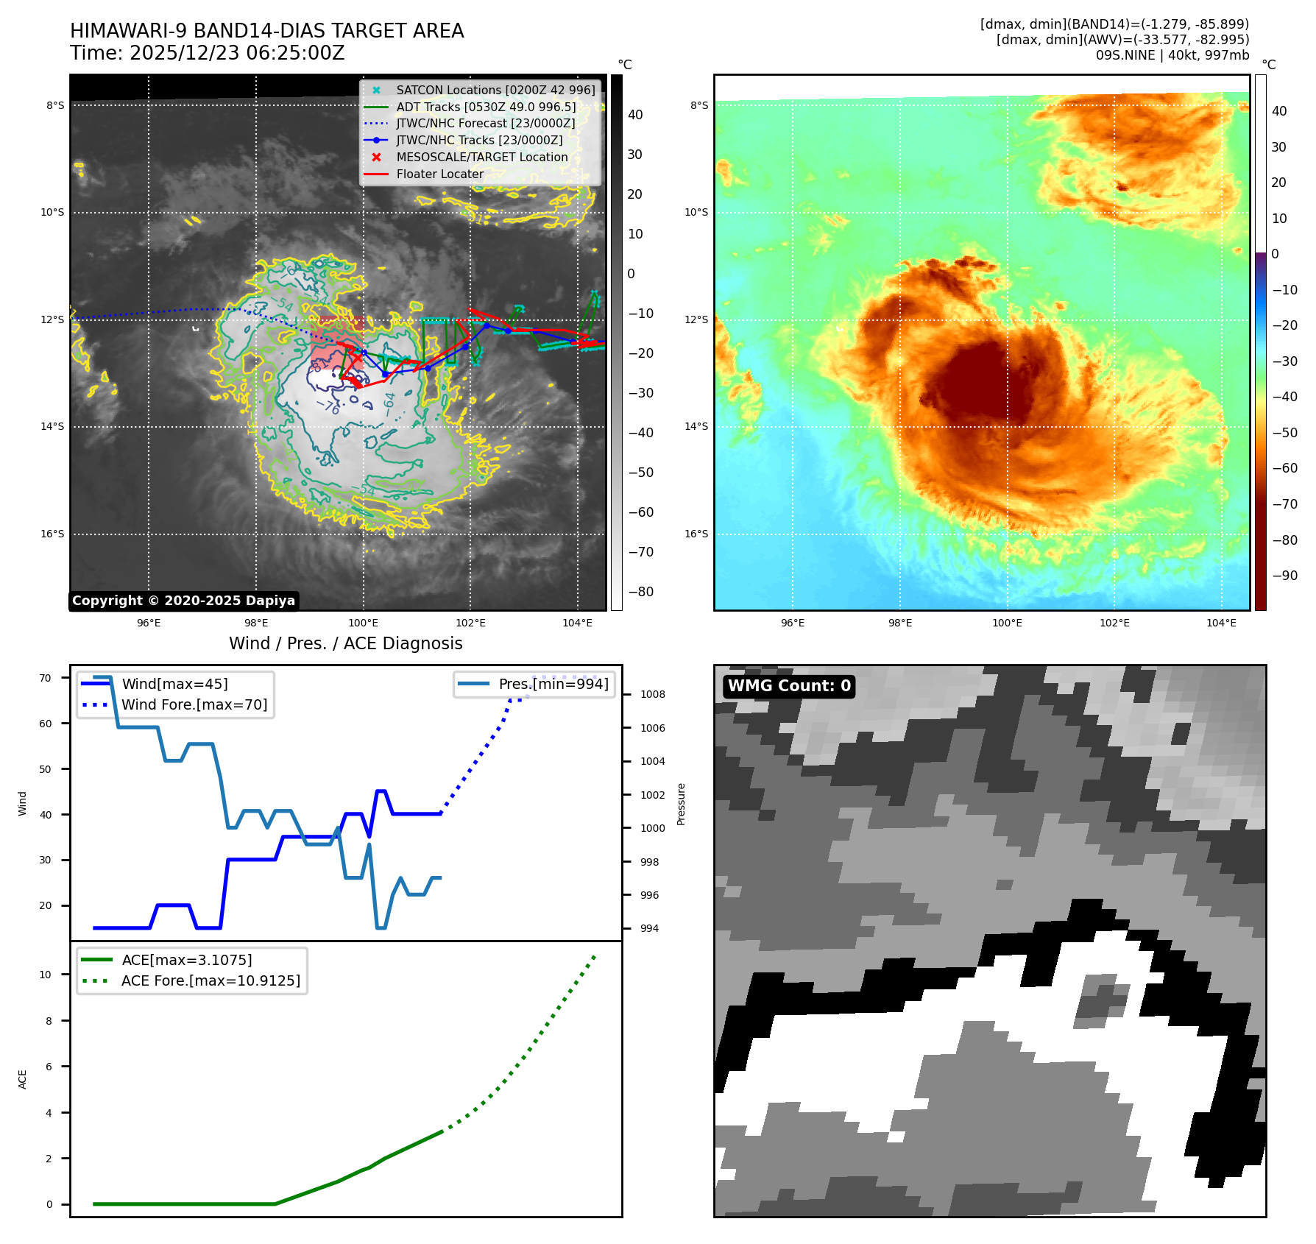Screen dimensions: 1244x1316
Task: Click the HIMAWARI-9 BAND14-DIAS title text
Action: pyautogui.click(x=266, y=31)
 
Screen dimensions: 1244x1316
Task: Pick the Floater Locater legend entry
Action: pyautogui.click(x=439, y=174)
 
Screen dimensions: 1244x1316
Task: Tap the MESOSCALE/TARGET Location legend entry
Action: pyautogui.click(x=481, y=158)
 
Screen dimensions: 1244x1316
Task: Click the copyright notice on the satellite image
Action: pyautogui.click(x=183, y=601)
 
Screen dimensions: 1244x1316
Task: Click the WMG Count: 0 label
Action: pyautogui.click(x=789, y=686)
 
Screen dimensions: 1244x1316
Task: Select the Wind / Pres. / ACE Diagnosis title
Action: pyautogui.click(x=345, y=643)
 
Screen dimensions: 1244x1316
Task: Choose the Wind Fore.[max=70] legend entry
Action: pyautogui.click(x=194, y=705)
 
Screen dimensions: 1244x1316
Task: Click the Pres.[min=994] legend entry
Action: pyautogui.click(x=553, y=685)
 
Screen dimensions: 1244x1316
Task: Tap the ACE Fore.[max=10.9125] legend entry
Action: pyautogui.click(x=211, y=981)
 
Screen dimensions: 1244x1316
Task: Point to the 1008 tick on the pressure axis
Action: pyautogui.click(x=652, y=695)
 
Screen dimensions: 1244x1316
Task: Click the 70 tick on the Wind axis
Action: pyautogui.click(x=46, y=678)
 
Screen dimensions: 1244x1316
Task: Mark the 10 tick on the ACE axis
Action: pyautogui.click(x=46, y=975)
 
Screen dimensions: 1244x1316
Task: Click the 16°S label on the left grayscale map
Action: pyautogui.click(x=52, y=534)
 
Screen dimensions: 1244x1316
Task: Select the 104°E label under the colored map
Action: pyautogui.click(x=1221, y=623)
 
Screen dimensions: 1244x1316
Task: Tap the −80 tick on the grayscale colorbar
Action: pyautogui.click(x=640, y=592)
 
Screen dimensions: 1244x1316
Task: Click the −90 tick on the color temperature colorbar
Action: pyautogui.click(x=1284, y=576)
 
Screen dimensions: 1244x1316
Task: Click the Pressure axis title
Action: pyautogui.click(x=681, y=804)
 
